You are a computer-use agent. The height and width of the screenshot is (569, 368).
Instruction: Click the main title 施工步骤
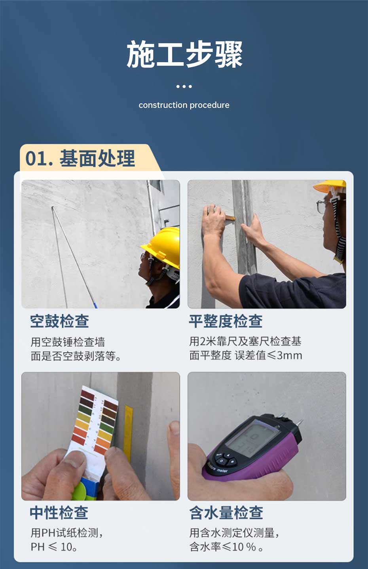(x=184, y=54)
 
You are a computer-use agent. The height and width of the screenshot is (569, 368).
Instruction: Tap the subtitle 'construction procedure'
(x=184, y=105)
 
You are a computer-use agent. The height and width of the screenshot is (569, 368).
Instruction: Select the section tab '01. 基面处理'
(x=80, y=158)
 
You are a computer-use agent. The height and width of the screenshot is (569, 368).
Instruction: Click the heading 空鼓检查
(x=59, y=321)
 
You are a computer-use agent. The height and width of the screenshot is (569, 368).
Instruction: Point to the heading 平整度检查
(x=226, y=321)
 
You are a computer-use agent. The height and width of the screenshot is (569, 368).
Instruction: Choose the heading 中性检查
(x=59, y=512)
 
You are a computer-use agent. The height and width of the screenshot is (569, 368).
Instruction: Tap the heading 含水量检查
(x=226, y=512)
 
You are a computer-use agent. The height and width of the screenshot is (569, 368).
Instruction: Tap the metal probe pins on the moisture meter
(x=291, y=420)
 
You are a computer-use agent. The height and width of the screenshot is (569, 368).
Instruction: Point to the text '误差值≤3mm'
(x=268, y=355)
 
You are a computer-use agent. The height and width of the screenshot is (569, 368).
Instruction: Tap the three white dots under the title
(x=184, y=86)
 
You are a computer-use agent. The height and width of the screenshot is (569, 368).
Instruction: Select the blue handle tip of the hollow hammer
(x=95, y=305)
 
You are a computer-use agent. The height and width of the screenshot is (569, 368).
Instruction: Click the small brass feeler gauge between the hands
(x=230, y=218)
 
